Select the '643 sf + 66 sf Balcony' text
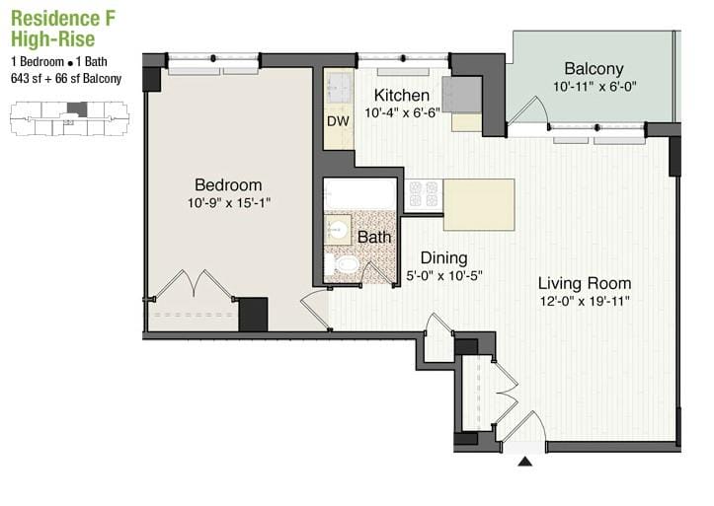(65, 79)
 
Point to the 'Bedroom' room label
(228, 184)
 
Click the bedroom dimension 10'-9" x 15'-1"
(228, 204)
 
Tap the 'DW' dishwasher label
(339, 121)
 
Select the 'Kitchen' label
(401, 96)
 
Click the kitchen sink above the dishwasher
(339, 87)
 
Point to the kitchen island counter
(478, 204)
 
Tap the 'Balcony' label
(594, 69)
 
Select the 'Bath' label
(374, 237)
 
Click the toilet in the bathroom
(346, 264)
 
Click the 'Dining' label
(443, 257)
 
